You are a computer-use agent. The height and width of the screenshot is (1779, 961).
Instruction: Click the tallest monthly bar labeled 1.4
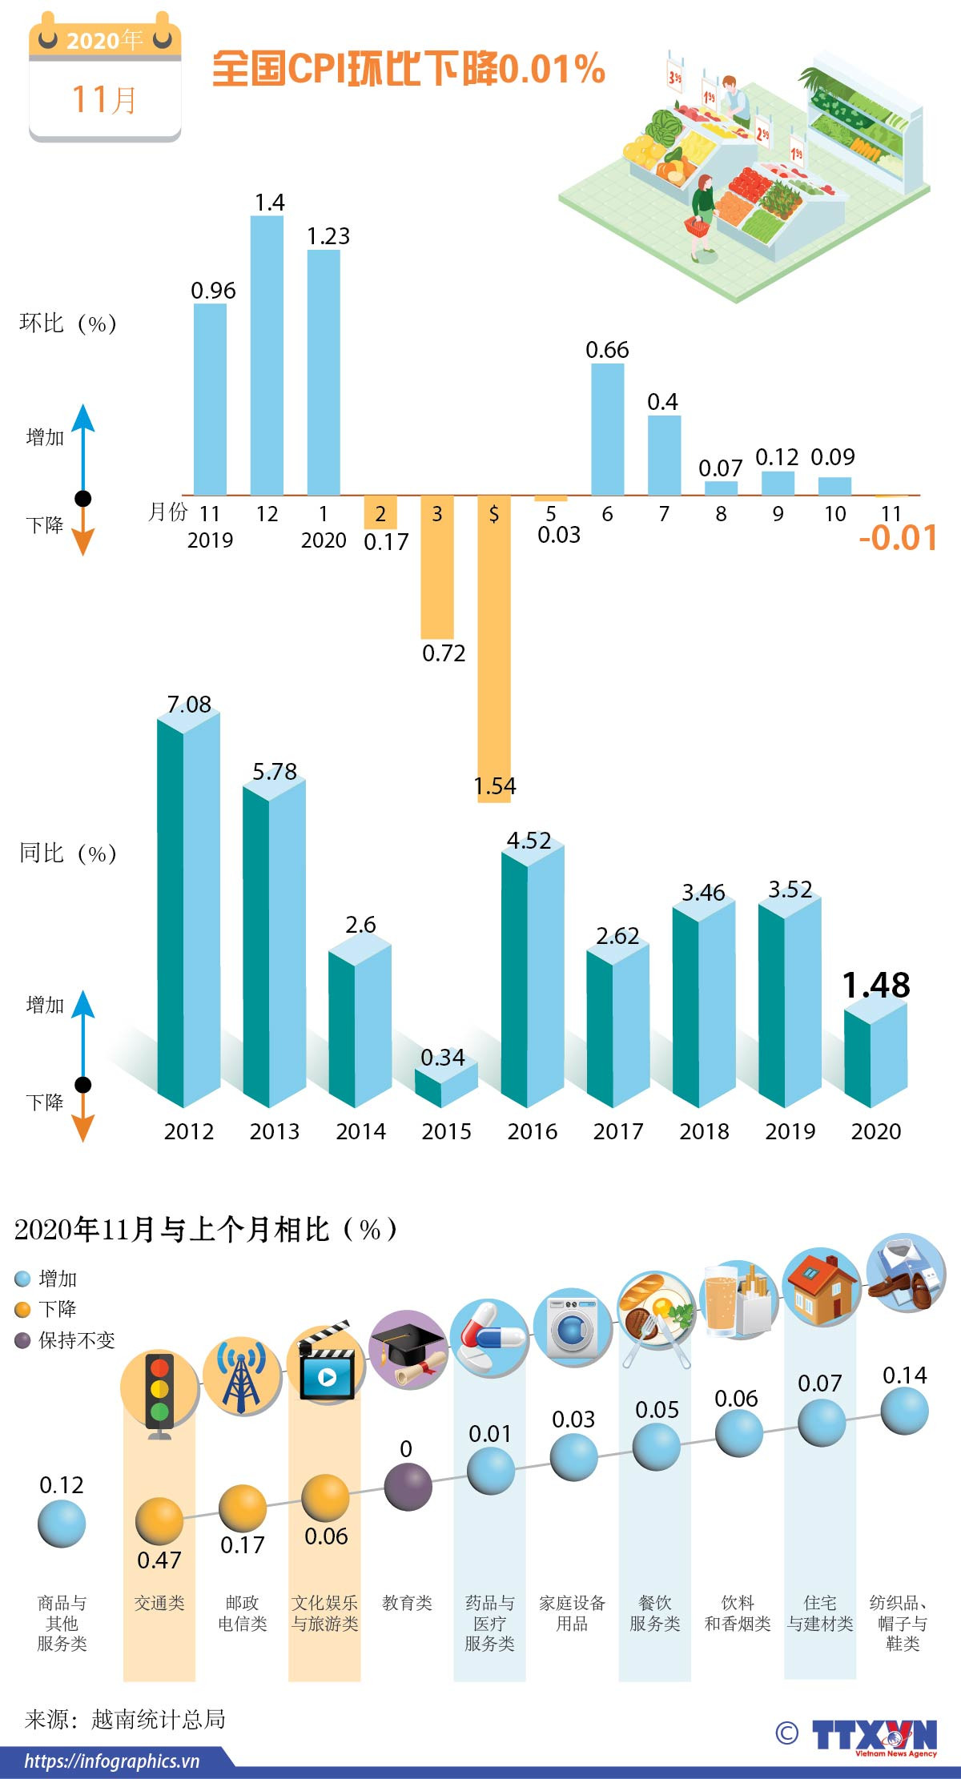267,356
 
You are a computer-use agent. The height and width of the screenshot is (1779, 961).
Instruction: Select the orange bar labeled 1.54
494,649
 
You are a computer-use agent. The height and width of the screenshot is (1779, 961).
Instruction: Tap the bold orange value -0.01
898,538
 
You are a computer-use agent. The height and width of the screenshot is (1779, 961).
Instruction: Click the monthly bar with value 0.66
607,430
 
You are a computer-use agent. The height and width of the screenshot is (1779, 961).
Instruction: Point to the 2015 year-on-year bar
446,1085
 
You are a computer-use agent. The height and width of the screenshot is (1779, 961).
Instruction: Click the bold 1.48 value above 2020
876,986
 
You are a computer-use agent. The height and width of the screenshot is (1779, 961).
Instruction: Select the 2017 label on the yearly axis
618,1131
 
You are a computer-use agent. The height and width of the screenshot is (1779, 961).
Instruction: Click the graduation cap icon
408,1351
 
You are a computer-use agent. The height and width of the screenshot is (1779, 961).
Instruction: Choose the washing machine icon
573,1327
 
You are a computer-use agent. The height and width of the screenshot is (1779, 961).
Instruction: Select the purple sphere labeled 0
408,1487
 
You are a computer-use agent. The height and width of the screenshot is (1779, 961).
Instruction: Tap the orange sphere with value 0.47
159,1520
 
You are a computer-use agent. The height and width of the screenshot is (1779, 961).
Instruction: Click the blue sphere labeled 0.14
904,1411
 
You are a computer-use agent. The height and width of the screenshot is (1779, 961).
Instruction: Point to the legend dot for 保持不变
22,1340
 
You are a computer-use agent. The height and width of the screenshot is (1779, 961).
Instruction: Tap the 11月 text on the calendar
105,100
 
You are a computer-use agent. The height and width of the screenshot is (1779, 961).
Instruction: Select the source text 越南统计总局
159,1719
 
